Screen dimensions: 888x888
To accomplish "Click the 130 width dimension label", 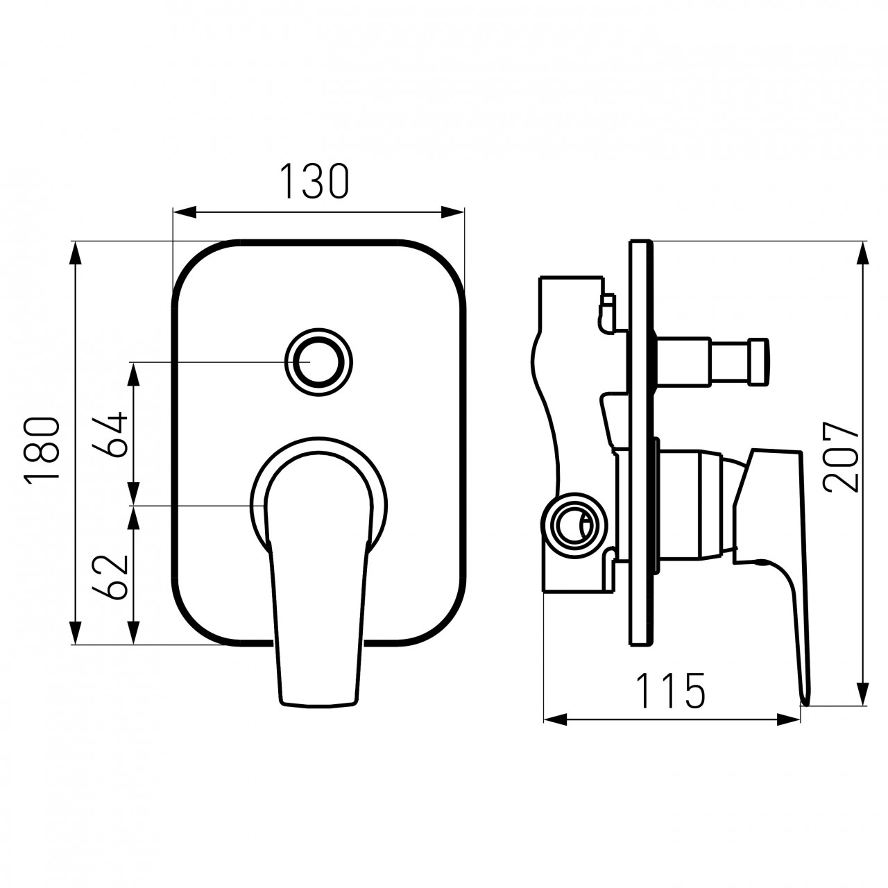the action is point(315,181).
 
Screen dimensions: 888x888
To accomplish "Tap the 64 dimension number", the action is point(110,434).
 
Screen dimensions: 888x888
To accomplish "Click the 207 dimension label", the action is point(842,456).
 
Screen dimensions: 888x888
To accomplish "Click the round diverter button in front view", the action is point(318,361).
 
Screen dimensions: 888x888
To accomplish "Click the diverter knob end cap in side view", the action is point(760,361).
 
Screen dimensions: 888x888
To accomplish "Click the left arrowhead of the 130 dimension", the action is point(185,213).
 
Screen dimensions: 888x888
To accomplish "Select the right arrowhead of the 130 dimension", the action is point(452,213).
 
